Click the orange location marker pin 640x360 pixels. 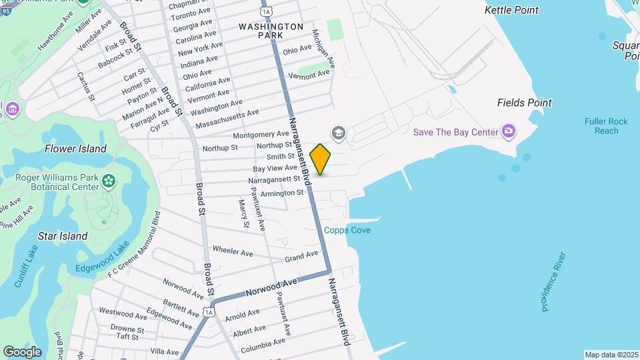click(321, 159)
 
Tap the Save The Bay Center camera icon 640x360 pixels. click(509, 131)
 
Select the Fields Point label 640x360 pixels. click(525, 103)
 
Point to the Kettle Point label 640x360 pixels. click(511, 10)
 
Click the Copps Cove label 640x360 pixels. click(347, 230)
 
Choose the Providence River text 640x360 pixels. click(554, 281)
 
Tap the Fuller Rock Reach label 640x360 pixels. click(606, 126)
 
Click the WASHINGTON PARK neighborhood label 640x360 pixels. click(271, 30)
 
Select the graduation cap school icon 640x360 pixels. click(339, 134)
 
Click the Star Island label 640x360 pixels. click(63, 236)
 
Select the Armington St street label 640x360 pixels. click(282, 193)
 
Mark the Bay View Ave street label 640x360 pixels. click(275, 168)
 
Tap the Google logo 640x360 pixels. click(22, 351)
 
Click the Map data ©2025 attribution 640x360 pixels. click(611, 355)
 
